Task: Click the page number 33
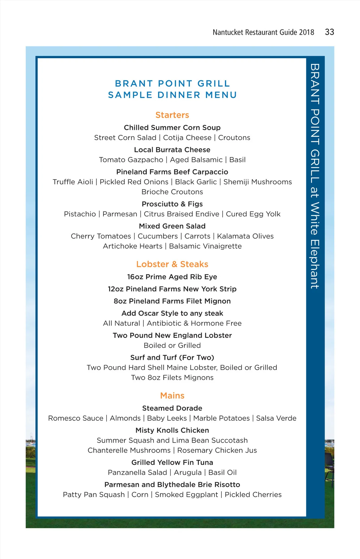point(329,32)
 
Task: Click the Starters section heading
point(172,115)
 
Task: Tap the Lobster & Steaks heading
point(172,264)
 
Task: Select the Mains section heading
point(172,396)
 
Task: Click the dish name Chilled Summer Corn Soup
point(172,128)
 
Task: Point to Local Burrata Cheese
point(172,150)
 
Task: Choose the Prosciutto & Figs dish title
point(172,204)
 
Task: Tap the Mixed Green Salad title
point(172,226)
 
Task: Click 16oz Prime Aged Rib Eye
point(172,277)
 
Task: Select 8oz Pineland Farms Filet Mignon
point(172,301)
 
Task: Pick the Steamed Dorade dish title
point(172,408)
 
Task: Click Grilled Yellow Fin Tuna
point(172,462)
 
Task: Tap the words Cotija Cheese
point(187,138)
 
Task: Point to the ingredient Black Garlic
point(196,182)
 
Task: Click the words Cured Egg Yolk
point(253,214)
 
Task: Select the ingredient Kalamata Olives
point(245,236)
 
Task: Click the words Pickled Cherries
point(253,495)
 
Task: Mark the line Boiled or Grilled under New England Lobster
point(172,345)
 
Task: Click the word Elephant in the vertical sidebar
point(315,264)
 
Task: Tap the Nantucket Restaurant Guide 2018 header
point(263,32)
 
